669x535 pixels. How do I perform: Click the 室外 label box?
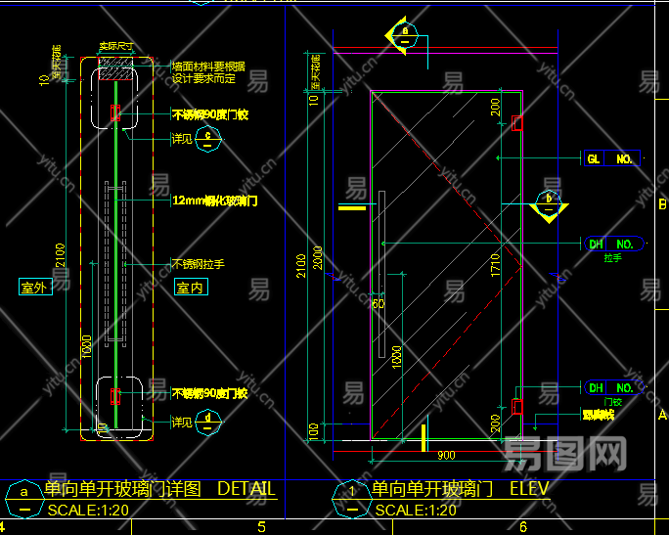click(x=34, y=288)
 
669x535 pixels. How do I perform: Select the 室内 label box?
click(x=190, y=288)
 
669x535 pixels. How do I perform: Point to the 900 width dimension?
click(x=445, y=455)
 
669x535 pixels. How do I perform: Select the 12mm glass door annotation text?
click(x=214, y=201)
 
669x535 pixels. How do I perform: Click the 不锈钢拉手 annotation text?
click(x=199, y=263)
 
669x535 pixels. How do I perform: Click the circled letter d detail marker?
click(x=208, y=422)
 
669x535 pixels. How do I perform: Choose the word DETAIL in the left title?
click(x=246, y=489)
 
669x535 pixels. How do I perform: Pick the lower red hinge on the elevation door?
click(x=517, y=405)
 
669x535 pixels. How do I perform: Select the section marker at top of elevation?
click(x=404, y=35)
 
